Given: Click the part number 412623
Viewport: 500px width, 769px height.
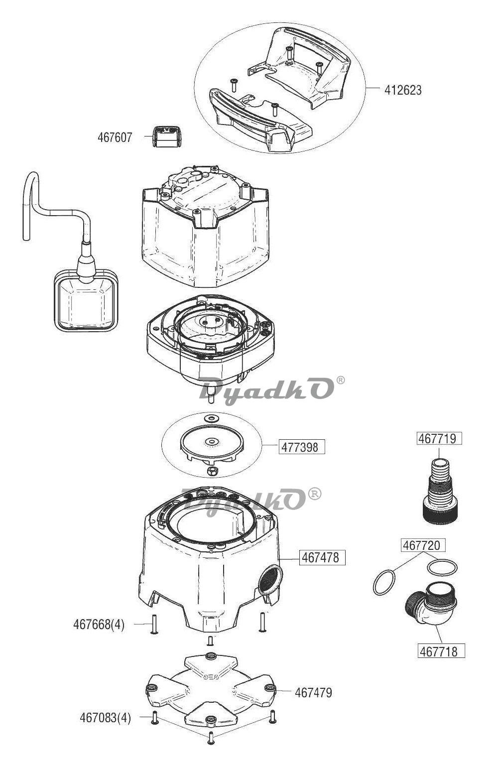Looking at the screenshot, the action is coord(402,90).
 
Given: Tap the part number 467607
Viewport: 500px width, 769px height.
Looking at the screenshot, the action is coord(115,137).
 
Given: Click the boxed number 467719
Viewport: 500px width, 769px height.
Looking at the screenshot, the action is coord(439,438).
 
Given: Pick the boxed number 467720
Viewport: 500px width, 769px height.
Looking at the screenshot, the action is coord(423,545).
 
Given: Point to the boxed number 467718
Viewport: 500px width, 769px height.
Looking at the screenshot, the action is coord(441,651).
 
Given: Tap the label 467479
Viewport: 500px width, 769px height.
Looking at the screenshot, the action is coord(313,693).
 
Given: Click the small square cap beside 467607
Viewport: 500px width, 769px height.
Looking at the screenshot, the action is coord(167,136).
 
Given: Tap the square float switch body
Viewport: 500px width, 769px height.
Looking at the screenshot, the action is coord(86,300).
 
